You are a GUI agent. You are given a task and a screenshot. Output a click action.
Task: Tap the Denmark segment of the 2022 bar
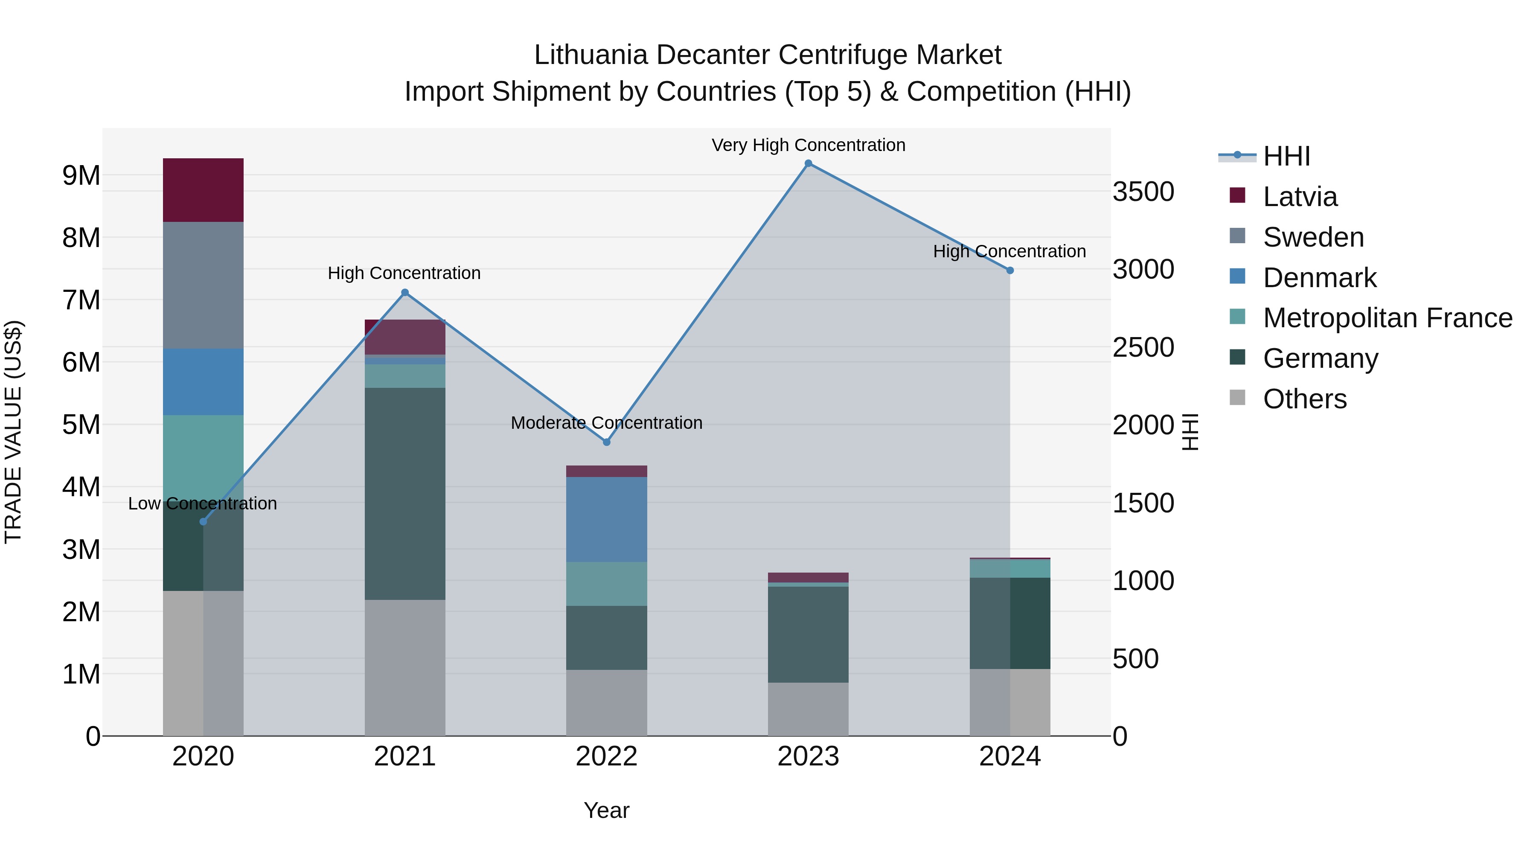[606, 519]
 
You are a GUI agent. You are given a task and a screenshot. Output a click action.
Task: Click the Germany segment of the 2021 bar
[405, 493]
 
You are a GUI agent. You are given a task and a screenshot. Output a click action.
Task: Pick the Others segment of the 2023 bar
[808, 709]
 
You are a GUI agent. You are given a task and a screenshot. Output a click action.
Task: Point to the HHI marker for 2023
[808, 163]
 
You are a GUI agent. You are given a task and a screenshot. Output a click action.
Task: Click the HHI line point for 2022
[606, 442]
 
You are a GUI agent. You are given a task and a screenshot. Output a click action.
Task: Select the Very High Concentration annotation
[808, 145]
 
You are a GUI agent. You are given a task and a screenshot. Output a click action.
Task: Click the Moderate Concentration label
[606, 423]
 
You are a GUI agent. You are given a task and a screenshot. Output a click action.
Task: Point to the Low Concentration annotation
[203, 503]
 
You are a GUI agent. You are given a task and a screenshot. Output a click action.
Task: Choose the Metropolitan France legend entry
[1387, 318]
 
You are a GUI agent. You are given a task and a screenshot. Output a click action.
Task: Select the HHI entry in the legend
[1286, 156]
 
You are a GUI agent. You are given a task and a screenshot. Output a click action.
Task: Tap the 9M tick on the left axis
[81, 175]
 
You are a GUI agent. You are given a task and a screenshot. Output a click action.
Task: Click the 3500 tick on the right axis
[1143, 192]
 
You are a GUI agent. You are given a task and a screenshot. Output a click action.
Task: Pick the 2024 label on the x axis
[1009, 756]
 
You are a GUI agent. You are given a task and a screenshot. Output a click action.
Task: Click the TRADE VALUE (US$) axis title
[13, 432]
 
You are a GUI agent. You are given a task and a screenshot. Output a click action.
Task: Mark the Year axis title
[606, 810]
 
